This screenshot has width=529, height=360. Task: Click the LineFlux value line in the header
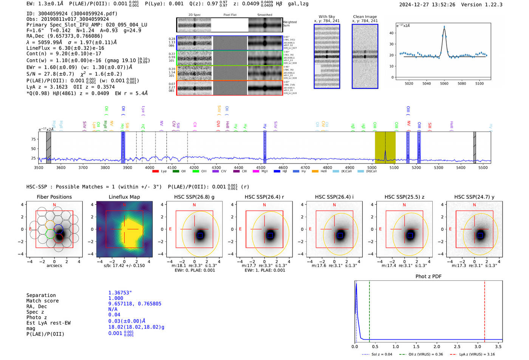pos(65,48)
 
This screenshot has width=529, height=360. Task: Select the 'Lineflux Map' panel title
pos(124,197)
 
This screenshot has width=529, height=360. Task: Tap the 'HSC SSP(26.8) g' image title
pos(194,197)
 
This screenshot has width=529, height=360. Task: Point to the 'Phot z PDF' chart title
pos(428,276)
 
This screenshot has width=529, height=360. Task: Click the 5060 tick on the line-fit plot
pos(444,83)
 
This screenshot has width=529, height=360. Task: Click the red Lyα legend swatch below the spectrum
pos(155,172)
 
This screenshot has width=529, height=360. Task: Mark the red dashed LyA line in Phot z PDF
pos(484,310)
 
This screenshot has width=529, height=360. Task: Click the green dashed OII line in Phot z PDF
pos(369,310)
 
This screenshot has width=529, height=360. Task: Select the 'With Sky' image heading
pos(326,17)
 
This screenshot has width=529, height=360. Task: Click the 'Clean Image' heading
pos(365,17)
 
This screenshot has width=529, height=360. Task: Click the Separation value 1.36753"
pos(120,293)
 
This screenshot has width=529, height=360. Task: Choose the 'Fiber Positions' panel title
pos(54,197)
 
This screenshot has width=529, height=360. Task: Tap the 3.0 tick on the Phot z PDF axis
pos(478,346)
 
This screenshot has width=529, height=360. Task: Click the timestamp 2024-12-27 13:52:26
pos(427,5)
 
